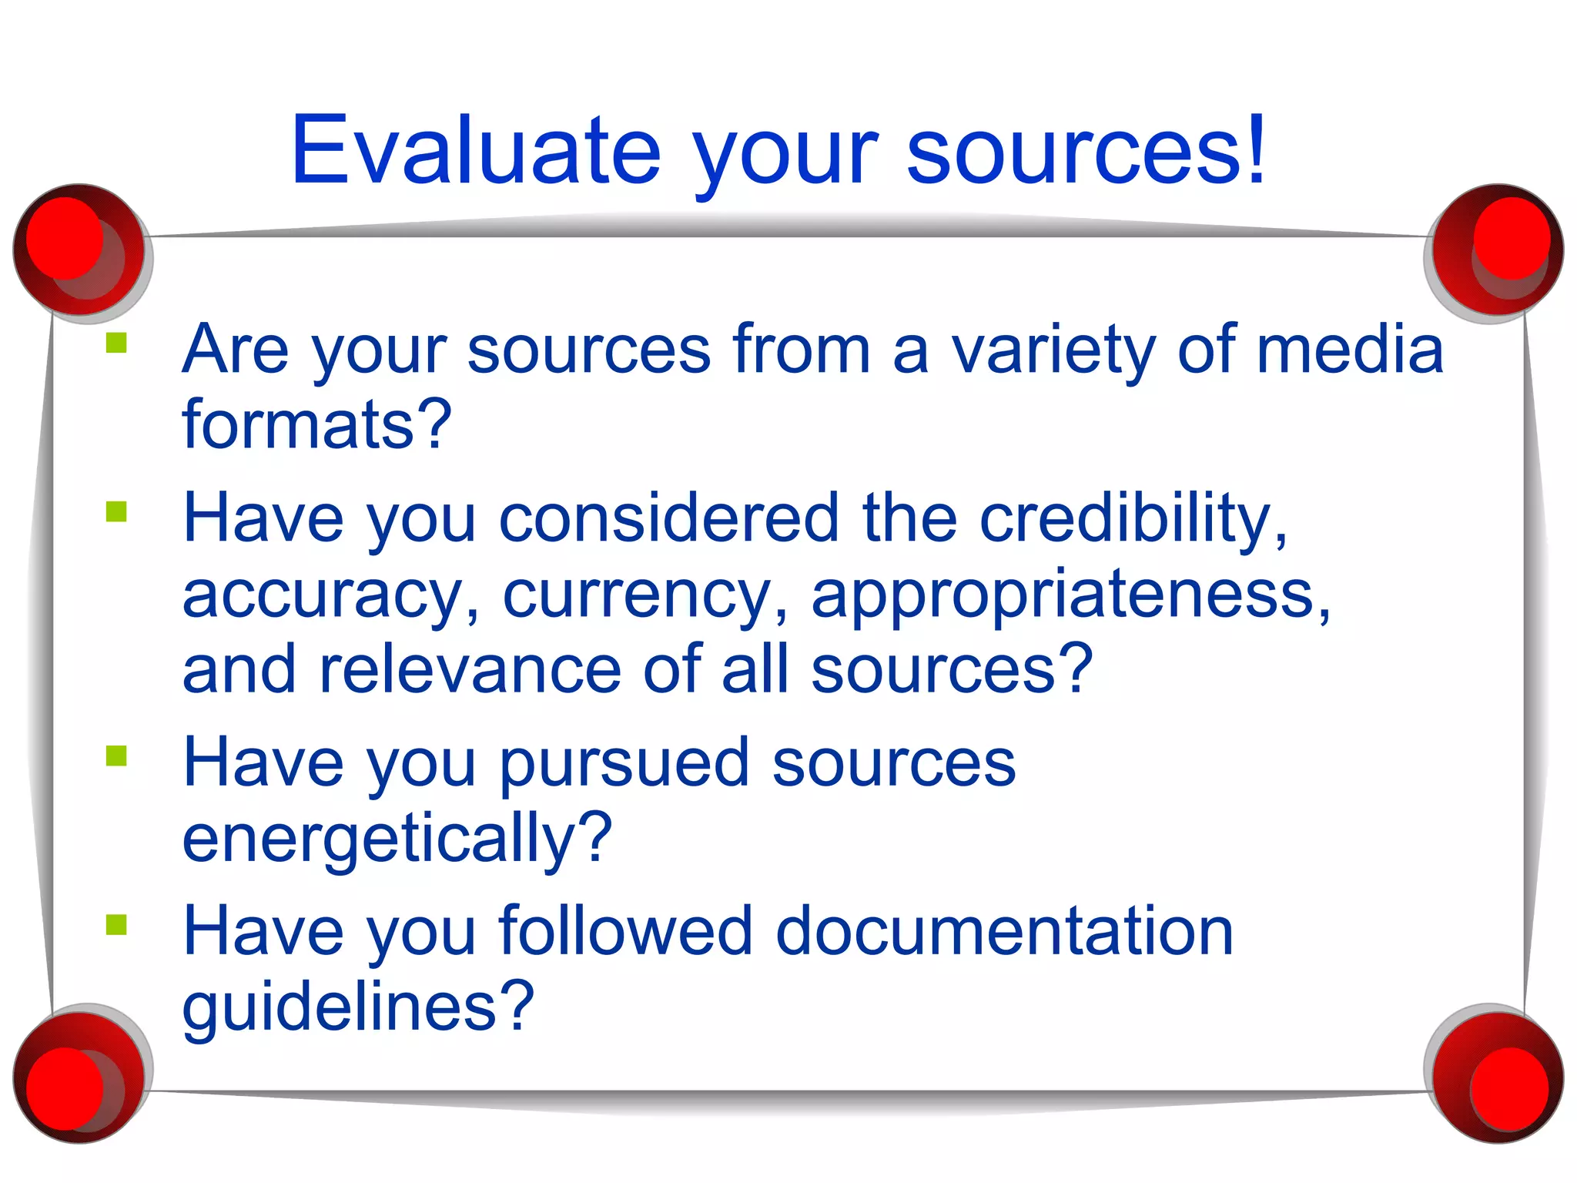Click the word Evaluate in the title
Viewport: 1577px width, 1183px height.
(x=476, y=149)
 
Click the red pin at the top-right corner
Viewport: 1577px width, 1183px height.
(x=1498, y=249)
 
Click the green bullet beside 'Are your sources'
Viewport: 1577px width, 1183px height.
(x=116, y=342)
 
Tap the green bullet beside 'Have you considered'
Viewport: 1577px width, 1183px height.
(x=116, y=511)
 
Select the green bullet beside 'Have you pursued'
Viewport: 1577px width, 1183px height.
(x=116, y=756)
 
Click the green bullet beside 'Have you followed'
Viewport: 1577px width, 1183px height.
(x=116, y=923)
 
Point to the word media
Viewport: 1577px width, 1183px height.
(x=1350, y=350)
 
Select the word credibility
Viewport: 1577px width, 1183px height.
(x=1125, y=518)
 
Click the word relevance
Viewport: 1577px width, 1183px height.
(x=470, y=669)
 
